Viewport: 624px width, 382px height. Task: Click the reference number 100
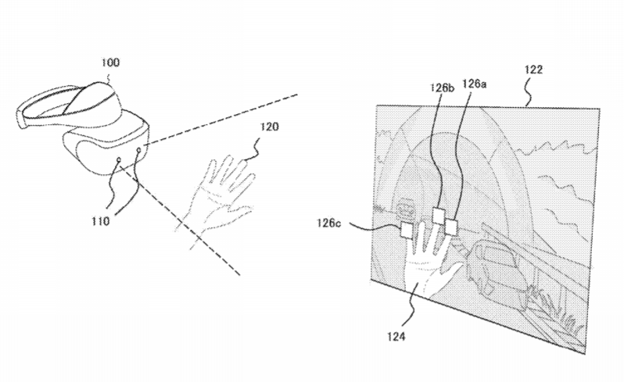point(110,62)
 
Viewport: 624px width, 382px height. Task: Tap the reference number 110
point(100,221)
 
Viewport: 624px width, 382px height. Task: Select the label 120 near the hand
point(270,127)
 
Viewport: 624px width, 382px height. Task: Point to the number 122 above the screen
point(533,70)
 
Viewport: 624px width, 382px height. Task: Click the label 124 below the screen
point(396,337)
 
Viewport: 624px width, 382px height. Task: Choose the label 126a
point(474,84)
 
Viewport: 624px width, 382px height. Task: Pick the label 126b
point(442,87)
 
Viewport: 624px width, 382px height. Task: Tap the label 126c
point(328,223)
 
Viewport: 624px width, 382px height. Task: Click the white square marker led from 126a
point(450,227)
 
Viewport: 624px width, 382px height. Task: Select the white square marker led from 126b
point(438,216)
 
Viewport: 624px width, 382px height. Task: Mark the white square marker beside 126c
point(407,230)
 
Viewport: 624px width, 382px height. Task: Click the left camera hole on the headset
point(119,160)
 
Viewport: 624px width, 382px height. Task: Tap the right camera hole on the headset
point(139,150)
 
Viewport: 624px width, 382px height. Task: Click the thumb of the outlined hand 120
point(242,210)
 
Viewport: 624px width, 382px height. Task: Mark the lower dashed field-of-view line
point(180,220)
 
